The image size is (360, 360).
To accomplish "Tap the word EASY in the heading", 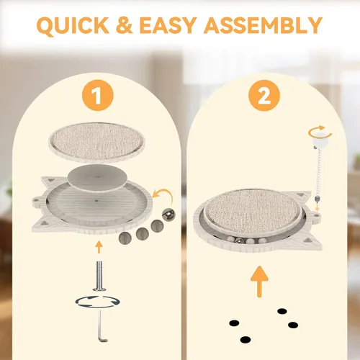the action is coord(168,25).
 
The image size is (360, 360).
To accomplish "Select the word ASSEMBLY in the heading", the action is coord(263,25).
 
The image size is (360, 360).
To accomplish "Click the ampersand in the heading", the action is coord(124,25).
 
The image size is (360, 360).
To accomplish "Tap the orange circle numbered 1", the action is coord(97,95).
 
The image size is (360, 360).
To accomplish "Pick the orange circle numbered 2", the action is coord(264,95).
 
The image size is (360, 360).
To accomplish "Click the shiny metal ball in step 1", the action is coord(168,215).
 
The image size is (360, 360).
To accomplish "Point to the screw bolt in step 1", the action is coord(99,276).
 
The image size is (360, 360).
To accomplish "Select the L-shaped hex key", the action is coord(101,325).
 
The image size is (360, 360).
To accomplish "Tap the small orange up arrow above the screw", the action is coord(99,247).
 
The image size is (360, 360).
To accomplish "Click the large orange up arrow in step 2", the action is coord(259,282).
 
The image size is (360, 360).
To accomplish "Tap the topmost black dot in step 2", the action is coord(282,311).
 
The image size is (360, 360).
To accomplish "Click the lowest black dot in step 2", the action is coord(246,340).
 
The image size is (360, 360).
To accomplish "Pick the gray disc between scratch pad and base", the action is coord(97,179).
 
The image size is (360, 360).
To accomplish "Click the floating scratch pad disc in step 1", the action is coord(96,142).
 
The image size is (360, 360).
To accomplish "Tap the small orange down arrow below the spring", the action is coord(318,208).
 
